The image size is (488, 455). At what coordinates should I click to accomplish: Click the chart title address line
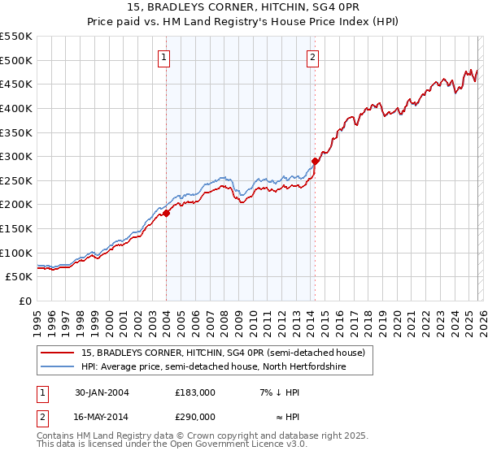pyautogui.click(x=243, y=6)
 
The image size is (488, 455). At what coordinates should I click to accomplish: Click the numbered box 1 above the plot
pyautogui.click(x=165, y=57)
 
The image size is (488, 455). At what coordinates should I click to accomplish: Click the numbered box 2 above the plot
pyautogui.click(x=313, y=57)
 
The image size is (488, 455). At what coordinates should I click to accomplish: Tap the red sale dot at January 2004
pyautogui.click(x=166, y=213)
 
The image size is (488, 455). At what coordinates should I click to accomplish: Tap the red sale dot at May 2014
pyautogui.click(x=315, y=162)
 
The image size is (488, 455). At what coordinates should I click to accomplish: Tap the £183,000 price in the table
pyautogui.click(x=195, y=392)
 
